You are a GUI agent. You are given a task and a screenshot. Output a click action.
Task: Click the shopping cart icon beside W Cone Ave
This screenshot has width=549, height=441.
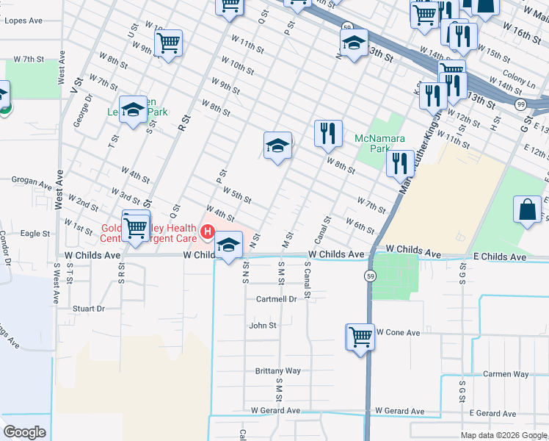[360, 337]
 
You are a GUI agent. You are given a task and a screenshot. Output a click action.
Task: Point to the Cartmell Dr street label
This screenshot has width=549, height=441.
[276, 299]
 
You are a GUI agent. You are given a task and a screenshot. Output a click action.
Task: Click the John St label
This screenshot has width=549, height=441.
[263, 325]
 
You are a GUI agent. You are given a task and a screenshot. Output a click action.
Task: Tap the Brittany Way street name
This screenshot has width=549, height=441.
[277, 371]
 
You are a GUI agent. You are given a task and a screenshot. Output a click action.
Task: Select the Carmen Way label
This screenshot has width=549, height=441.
[506, 374]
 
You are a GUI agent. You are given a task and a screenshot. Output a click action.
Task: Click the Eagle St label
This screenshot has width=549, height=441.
[34, 234]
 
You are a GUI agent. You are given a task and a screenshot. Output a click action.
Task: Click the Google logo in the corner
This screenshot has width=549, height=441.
[24, 432]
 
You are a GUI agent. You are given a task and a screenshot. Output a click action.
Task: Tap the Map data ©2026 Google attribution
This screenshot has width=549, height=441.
[503, 435]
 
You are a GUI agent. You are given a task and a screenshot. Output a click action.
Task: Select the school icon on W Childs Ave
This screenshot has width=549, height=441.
[229, 244]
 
